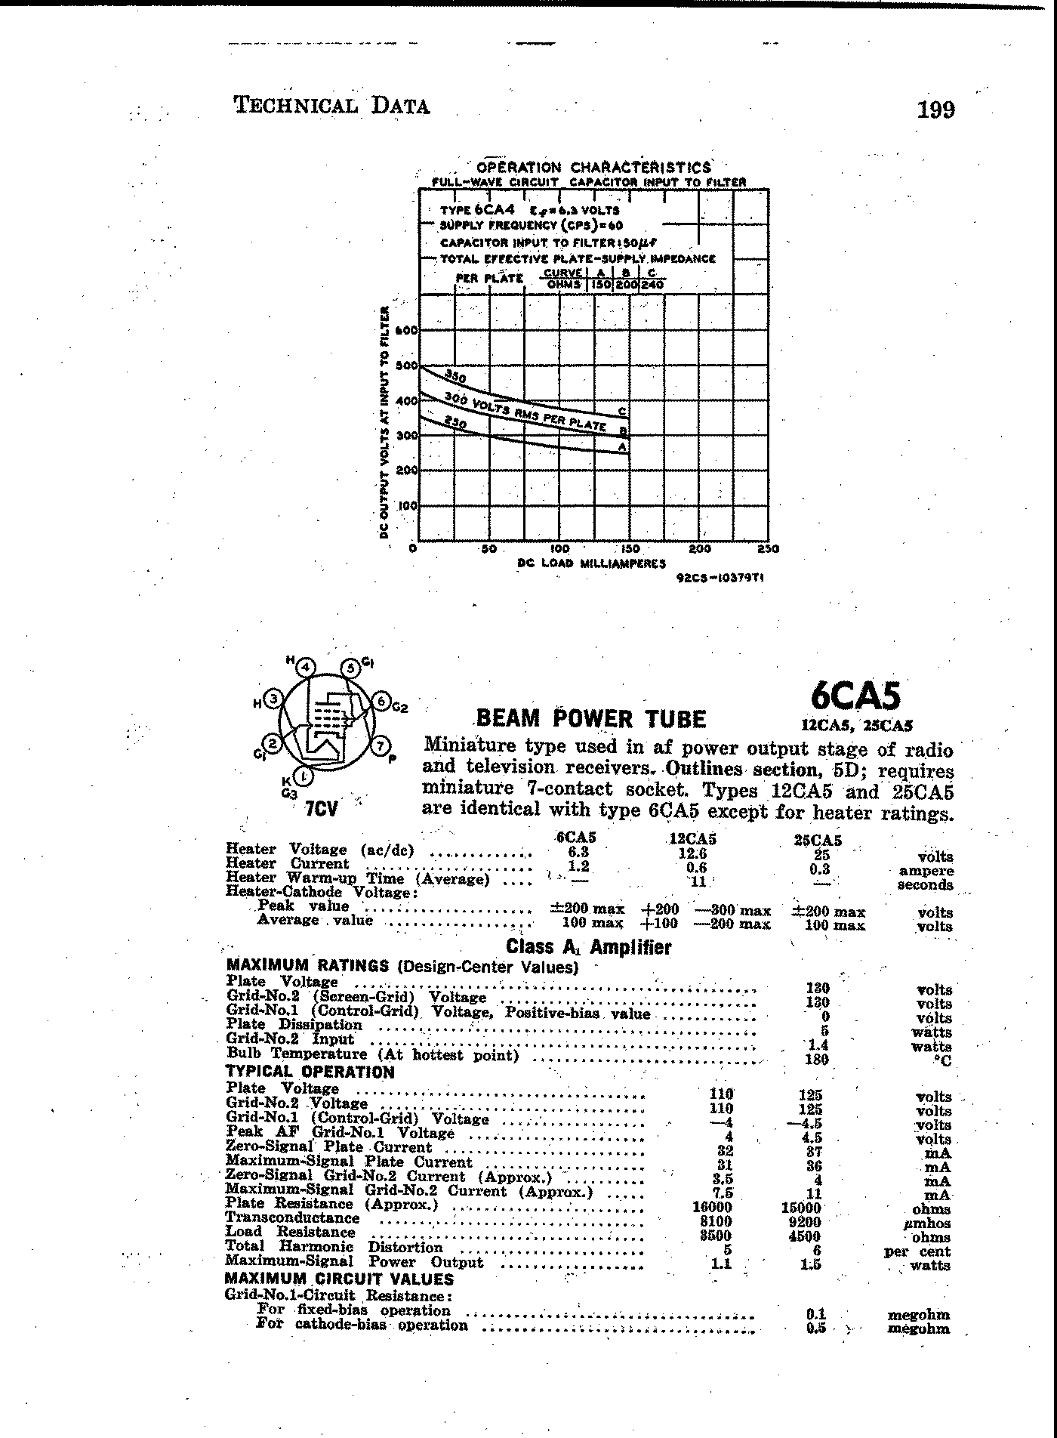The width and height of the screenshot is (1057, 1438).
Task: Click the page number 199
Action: coord(935,110)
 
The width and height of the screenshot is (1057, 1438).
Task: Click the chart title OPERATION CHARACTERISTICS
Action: coord(594,167)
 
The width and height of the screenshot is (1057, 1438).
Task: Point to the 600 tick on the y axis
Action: coord(408,330)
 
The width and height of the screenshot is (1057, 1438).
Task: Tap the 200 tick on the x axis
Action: coord(700,549)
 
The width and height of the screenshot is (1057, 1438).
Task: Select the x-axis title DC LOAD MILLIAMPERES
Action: coord(592,563)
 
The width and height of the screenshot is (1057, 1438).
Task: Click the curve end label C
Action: coord(622,412)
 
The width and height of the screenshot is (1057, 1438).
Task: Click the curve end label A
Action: coord(622,447)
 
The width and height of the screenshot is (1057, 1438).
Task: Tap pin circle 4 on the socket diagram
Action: coord(305,668)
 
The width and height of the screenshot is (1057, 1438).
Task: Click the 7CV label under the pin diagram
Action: coord(321,810)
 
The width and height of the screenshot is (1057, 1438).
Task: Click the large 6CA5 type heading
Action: coord(855,695)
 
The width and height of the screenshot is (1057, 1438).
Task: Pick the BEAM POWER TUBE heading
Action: coord(591,718)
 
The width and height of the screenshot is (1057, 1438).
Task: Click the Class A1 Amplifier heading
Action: coord(588,947)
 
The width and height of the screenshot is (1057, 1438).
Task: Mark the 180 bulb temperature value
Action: coord(817,1060)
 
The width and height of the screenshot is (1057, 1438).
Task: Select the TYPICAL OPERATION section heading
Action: coord(310,1072)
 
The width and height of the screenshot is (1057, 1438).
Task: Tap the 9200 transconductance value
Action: coord(804,1222)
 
